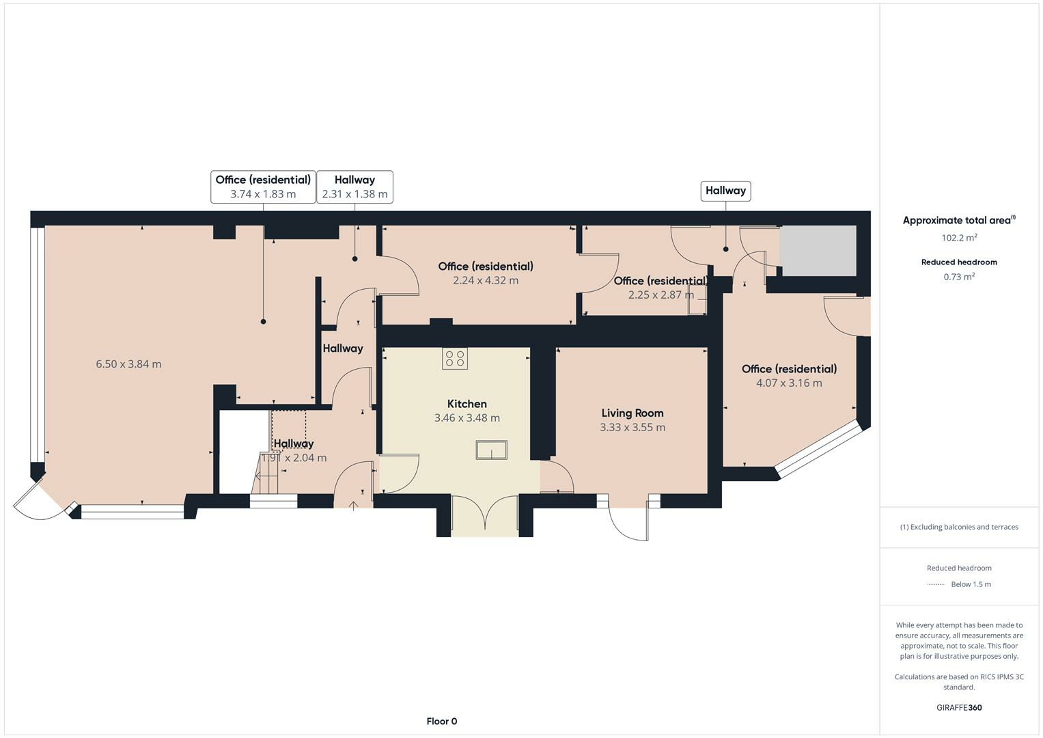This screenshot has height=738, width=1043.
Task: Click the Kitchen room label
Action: (x=467, y=404)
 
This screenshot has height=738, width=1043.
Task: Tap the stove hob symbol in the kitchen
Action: (x=454, y=359)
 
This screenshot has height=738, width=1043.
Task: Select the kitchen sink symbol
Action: (x=491, y=450)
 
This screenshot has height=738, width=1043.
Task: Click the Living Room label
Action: (x=632, y=413)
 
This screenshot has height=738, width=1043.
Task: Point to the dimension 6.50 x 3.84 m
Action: (x=128, y=364)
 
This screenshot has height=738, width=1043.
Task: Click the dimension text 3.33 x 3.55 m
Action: (x=632, y=428)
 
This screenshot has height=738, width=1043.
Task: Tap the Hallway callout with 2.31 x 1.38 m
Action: (x=354, y=187)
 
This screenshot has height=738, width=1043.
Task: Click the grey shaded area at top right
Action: (x=818, y=251)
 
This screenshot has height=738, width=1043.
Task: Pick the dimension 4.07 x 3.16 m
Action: (x=789, y=383)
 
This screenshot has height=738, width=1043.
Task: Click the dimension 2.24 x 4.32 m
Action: (x=485, y=281)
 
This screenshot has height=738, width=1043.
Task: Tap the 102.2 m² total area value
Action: (x=959, y=238)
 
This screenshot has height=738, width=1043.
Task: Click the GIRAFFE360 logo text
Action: (x=959, y=708)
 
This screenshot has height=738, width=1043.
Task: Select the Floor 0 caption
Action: (x=441, y=722)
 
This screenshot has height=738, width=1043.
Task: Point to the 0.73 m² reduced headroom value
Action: (x=959, y=277)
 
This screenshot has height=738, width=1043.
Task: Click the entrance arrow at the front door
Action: (x=353, y=506)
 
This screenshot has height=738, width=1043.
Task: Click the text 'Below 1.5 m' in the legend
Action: (x=971, y=584)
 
